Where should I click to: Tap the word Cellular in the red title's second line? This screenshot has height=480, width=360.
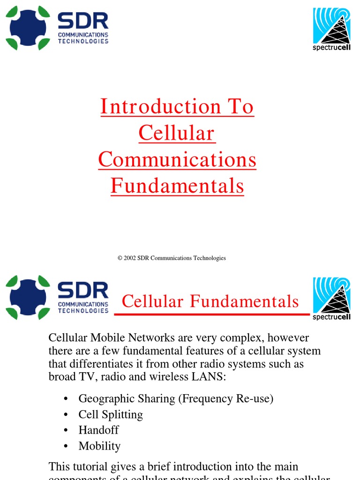click(x=177, y=133)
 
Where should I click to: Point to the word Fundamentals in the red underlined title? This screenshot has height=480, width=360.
click(x=177, y=186)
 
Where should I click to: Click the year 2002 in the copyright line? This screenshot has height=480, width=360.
click(x=130, y=258)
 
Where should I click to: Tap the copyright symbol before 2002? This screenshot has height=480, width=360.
click(x=120, y=258)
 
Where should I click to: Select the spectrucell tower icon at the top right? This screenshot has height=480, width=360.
click(x=332, y=26)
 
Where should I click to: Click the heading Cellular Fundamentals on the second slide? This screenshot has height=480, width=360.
click(x=210, y=301)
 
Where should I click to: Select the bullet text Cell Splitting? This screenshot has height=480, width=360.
click(x=111, y=415)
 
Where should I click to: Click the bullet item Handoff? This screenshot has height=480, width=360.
click(x=98, y=430)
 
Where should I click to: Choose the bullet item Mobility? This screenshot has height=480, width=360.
click(x=99, y=446)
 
